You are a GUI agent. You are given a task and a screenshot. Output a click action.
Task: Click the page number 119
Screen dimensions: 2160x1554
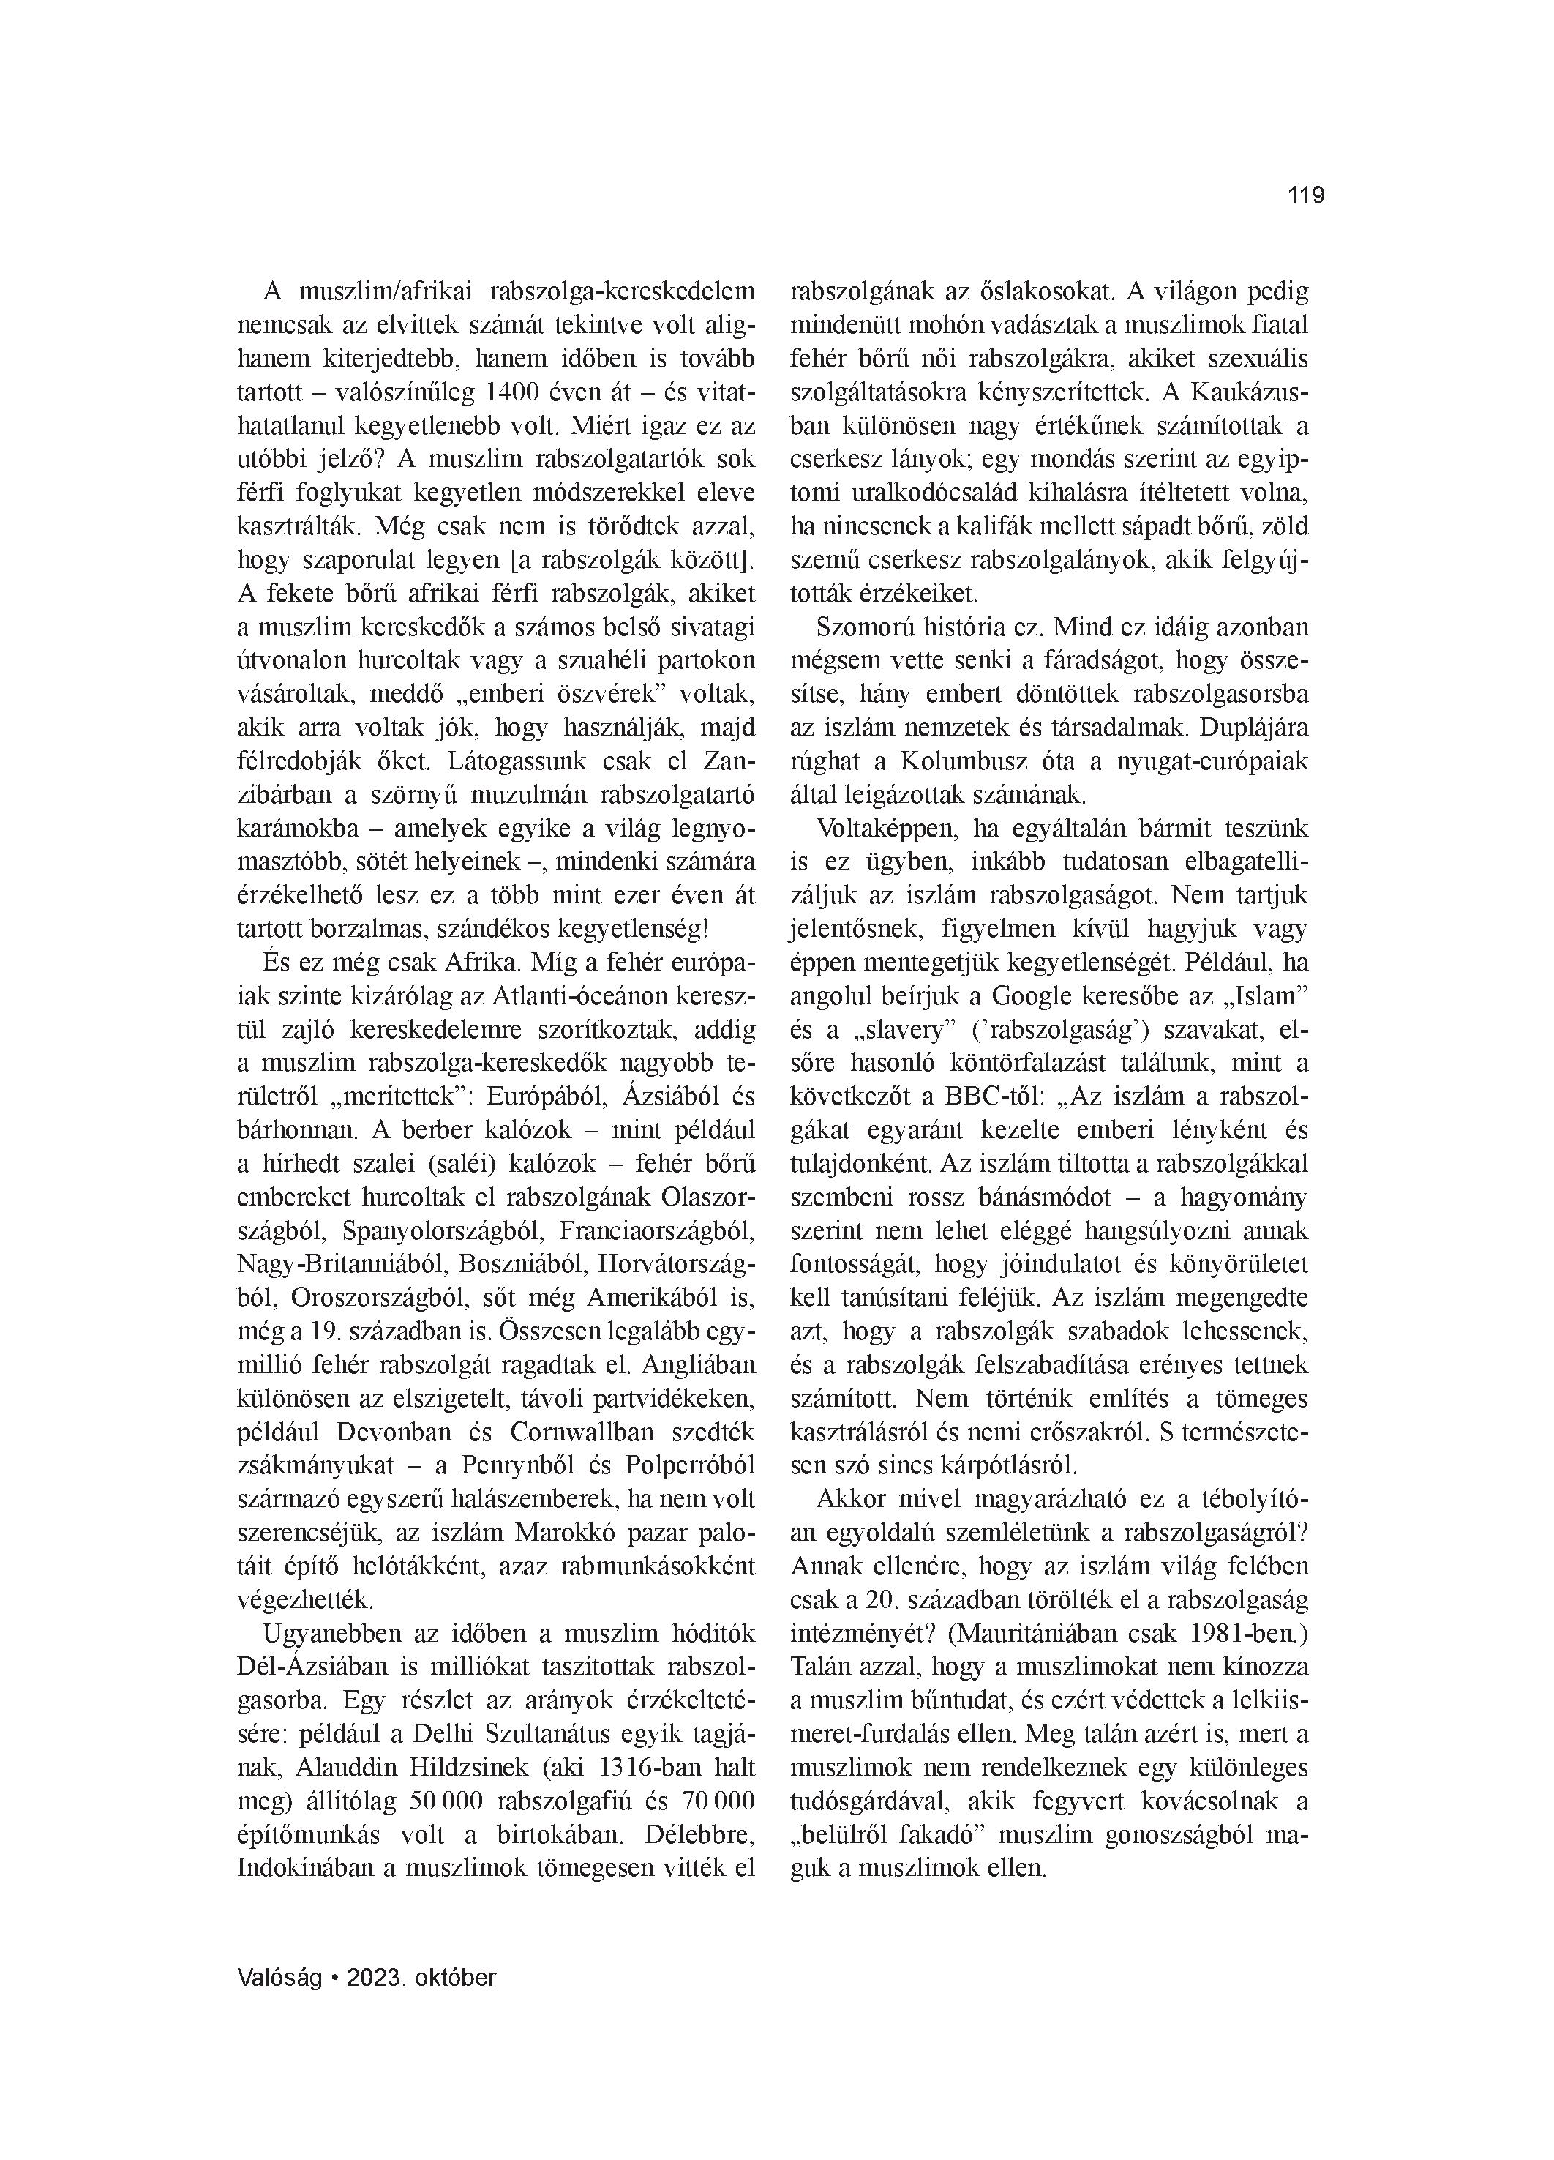click(x=1305, y=196)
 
